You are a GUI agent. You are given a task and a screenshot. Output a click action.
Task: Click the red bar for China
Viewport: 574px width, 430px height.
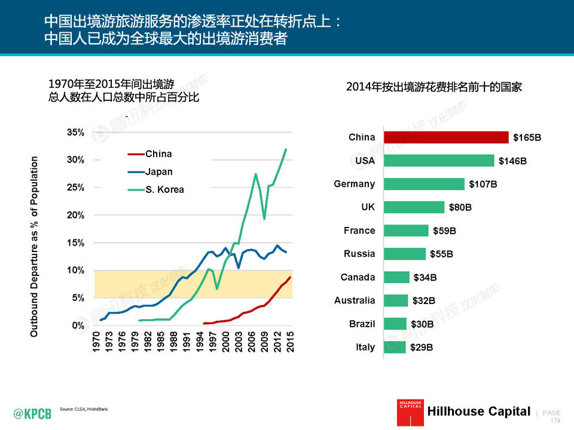click(x=445, y=137)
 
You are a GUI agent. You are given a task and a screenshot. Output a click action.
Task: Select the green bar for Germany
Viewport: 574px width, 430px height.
click(x=424, y=184)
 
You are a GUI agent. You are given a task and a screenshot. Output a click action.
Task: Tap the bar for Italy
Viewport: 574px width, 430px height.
click(x=395, y=347)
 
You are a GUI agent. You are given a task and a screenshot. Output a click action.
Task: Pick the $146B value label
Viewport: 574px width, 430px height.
click(x=512, y=161)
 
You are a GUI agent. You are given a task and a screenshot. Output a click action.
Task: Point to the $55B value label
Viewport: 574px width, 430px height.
click(x=441, y=254)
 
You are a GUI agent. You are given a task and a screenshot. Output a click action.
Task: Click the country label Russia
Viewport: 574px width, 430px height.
click(x=359, y=254)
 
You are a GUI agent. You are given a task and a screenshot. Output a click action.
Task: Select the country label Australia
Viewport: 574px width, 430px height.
click(x=355, y=300)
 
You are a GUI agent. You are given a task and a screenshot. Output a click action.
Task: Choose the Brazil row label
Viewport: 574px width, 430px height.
click(x=362, y=324)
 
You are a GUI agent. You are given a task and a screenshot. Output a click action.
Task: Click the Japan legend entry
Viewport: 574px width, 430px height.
click(x=158, y=172)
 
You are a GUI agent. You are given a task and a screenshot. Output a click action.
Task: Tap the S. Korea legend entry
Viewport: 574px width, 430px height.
click(x=164, y=190)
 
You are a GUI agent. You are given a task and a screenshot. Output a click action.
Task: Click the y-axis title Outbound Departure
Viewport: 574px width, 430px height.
click(x=35, y=246)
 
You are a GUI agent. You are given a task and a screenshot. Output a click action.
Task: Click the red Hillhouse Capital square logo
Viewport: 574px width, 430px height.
click(x=410, y=413)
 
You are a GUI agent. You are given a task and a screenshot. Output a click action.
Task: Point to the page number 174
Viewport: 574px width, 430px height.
click(x=555, y=420)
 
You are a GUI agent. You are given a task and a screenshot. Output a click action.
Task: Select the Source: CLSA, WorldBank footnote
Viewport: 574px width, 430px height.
click(x=84, y=409)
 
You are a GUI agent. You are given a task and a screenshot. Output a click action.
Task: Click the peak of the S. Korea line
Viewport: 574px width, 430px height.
click(x=286, y=149)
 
